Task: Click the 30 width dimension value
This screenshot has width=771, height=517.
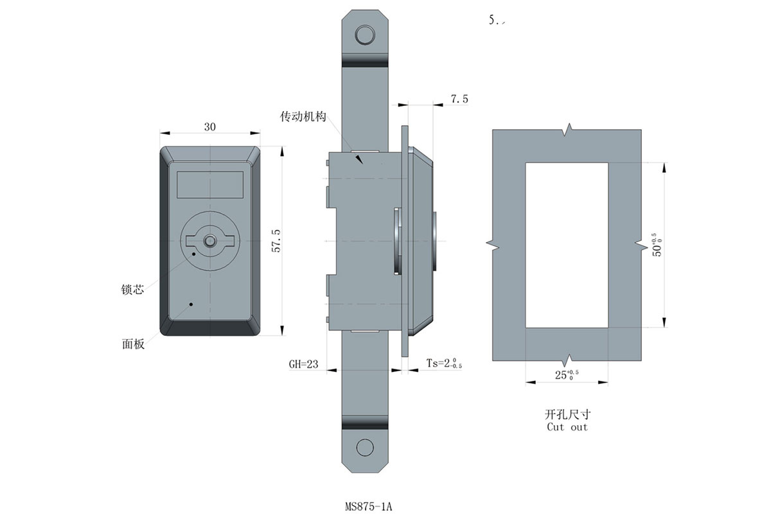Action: pyautogui.click(x=210, y=127)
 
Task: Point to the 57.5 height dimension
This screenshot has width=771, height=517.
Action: pyautogui.click(x=276, y=241)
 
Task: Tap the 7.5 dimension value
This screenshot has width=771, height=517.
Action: pyautogui.click(x=459, y=99)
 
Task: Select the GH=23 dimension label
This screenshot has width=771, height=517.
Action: pyautogui.click(x=303, y=364)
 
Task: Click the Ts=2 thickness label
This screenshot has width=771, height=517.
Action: pyautogui.click(x=444, y=364)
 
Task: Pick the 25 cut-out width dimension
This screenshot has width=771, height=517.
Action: pyautogui.click(x=567, y=374)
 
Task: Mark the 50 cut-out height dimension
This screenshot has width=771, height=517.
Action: pyautogui.click(x=657, y=245)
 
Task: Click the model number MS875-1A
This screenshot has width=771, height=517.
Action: pyautogui.click(x=368, y=507)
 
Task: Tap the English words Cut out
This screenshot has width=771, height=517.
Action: pyautogui.click(x=567, y=427)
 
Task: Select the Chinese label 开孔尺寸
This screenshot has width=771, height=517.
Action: pyautogui.click(x=567, y=414)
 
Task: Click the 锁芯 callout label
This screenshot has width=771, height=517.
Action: pyautogui.click(x=132, y=289)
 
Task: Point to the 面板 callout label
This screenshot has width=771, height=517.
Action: pyautogui.click(x=133, y=344)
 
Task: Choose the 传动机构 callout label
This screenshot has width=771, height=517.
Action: pyautogui.click(x=303, y=117)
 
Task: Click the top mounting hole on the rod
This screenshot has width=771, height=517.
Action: pyautogui.click(x=365, y=35)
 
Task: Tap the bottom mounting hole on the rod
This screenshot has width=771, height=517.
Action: pyautogui.click(x=365, y=448)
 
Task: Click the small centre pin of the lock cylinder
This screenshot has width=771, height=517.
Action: pyautogui.click(x=209, y=241)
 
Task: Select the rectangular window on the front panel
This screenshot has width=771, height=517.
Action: pyautogui.click(x=210, y=185)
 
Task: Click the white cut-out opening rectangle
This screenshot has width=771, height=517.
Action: pyautogui.click(x=567, y=245)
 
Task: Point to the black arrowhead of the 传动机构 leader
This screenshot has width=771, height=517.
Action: pyautogui.click(x=359, y=159)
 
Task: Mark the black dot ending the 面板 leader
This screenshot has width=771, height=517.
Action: pyautogui.click(x=191, y=304)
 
